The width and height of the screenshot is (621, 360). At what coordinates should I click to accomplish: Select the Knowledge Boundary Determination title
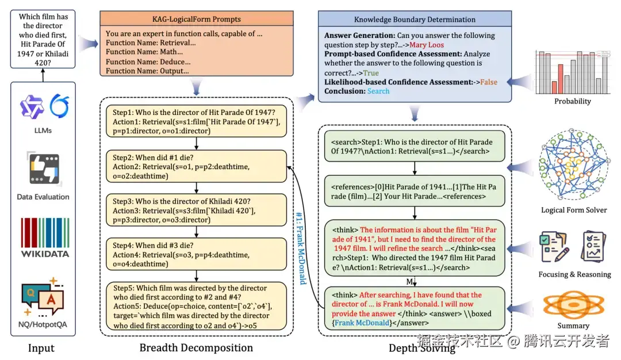(x=415, y=20)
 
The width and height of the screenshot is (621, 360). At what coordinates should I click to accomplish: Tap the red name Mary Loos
(x=427, y=45)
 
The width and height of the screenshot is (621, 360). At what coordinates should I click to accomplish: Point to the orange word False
(x=489, y=82)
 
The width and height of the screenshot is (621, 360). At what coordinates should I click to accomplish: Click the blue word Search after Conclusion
(x=378, y=91)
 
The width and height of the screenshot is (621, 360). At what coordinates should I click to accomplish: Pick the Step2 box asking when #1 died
(x=196, y=167)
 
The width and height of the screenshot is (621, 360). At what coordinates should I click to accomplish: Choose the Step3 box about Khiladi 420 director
(x=196, y=210)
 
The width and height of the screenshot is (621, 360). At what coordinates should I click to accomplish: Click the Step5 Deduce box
(x=196, y=306)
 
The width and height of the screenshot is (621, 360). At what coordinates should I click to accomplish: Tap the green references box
(x=414, y=192)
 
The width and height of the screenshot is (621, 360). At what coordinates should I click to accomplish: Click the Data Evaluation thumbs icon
(x=44, y=168)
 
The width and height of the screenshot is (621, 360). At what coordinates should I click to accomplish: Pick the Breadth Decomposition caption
(x=196, y=348)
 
